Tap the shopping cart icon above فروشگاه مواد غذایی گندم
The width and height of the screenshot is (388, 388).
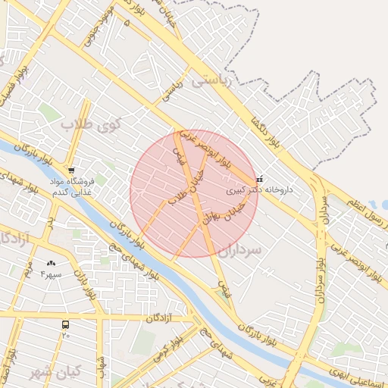(71, 171)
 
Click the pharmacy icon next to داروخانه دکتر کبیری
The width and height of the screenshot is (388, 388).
(260, 180)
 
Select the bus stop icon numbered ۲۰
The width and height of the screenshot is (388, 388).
(66, 324)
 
